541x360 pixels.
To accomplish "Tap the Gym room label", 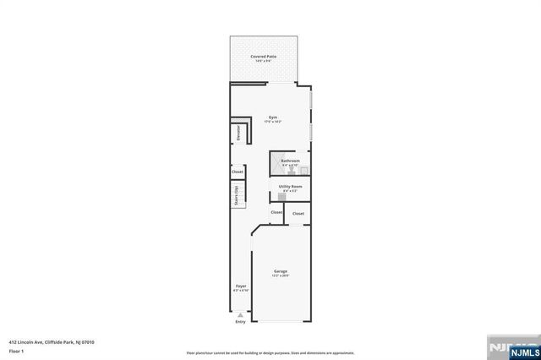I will pos(273,117).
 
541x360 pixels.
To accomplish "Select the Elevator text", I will pos(238,134).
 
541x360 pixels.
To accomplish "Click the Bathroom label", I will pos(291,160).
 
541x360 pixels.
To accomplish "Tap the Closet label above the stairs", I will pos(238,172).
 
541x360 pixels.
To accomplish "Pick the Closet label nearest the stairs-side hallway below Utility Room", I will pos(276,212).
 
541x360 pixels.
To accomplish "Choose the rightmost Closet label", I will pos(298,214).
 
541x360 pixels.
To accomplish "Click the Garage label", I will pos(280,271).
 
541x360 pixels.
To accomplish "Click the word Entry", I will pos(240,321).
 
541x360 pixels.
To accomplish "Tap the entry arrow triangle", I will pos(240,314).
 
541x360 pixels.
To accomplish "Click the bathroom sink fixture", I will pos(302,169).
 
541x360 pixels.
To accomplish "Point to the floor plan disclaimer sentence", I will pos(270,352).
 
